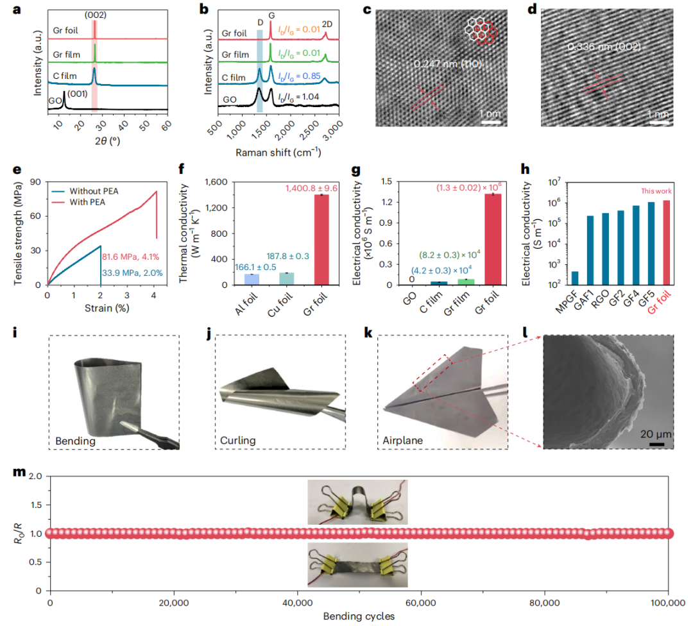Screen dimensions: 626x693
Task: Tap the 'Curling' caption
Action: [238, 441]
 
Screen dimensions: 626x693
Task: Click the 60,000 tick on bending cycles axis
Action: [421, 604]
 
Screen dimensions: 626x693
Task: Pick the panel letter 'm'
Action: [19, 473]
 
